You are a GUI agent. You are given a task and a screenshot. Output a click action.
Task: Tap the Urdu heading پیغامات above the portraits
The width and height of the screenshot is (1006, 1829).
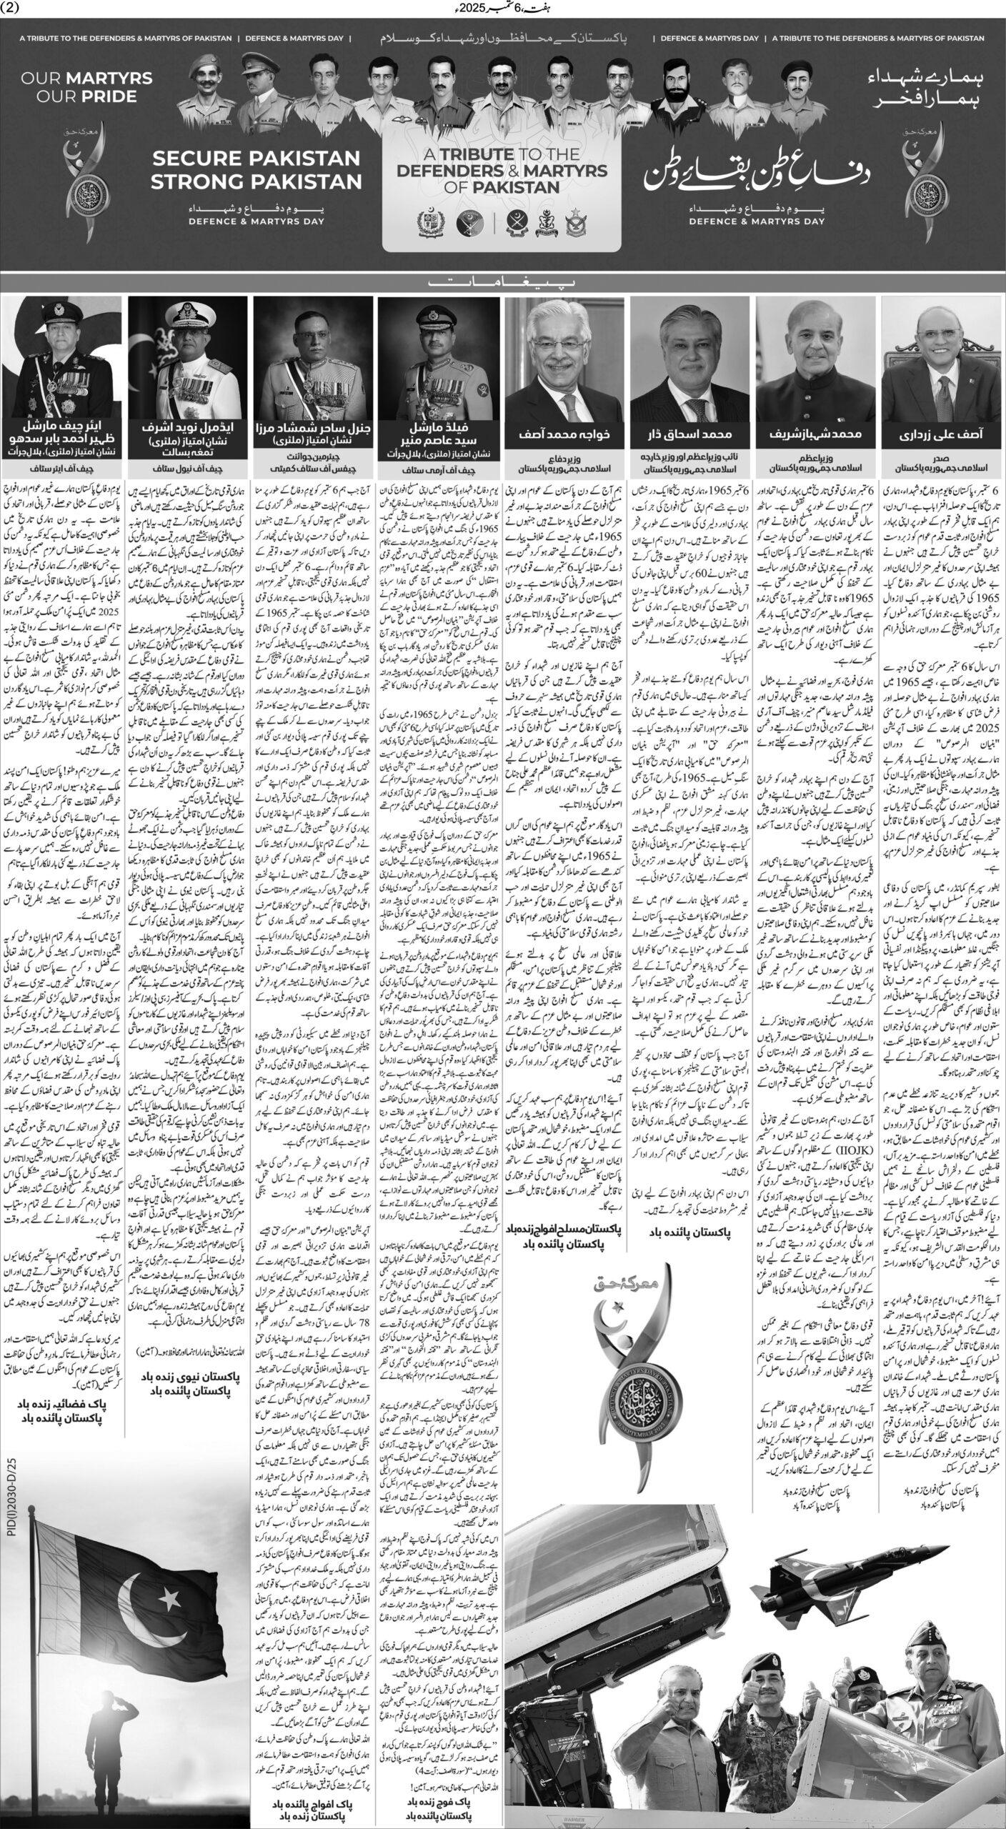(502, 282)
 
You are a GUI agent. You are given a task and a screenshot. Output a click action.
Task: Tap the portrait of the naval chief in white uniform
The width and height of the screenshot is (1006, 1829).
(188, 357)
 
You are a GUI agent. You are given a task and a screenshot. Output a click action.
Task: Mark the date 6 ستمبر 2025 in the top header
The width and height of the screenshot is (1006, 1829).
(502, 9)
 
